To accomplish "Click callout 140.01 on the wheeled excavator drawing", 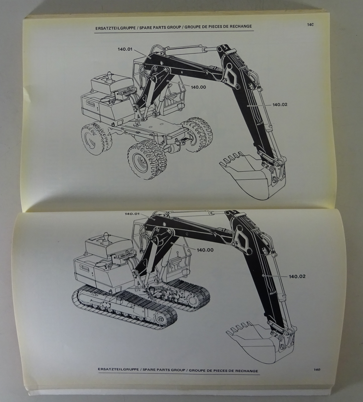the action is [125, 49].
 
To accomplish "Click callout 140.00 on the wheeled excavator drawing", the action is [199, 87].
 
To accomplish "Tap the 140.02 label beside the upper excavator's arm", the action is [280, 105].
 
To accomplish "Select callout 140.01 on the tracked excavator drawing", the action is [132, 214].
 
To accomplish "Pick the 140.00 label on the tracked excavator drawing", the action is [205, 250].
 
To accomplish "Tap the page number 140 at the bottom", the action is [316, 369].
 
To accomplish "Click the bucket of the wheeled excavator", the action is [254, 178].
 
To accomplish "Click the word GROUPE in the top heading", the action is [193, 27].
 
